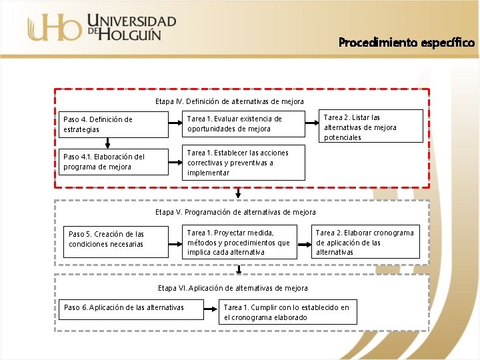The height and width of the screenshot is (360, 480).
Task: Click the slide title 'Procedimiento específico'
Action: [407, 43]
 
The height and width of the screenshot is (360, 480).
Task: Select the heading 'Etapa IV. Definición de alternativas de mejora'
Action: [229, 101]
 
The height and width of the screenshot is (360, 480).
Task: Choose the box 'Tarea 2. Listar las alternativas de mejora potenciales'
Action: [373, 127]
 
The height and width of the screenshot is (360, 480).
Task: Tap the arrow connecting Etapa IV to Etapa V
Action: [239, 193]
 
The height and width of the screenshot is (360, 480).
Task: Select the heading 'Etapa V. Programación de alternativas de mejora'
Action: [235, 212]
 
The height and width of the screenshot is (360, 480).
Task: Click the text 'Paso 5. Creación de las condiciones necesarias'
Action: [106, 239]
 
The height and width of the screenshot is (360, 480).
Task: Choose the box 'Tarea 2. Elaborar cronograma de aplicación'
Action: [366, 242]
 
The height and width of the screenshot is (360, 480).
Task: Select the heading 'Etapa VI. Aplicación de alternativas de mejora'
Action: [233, 288]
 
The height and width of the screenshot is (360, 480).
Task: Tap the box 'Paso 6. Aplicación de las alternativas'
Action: [124, 307]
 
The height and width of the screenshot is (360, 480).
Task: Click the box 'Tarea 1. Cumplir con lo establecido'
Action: [287, 312]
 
